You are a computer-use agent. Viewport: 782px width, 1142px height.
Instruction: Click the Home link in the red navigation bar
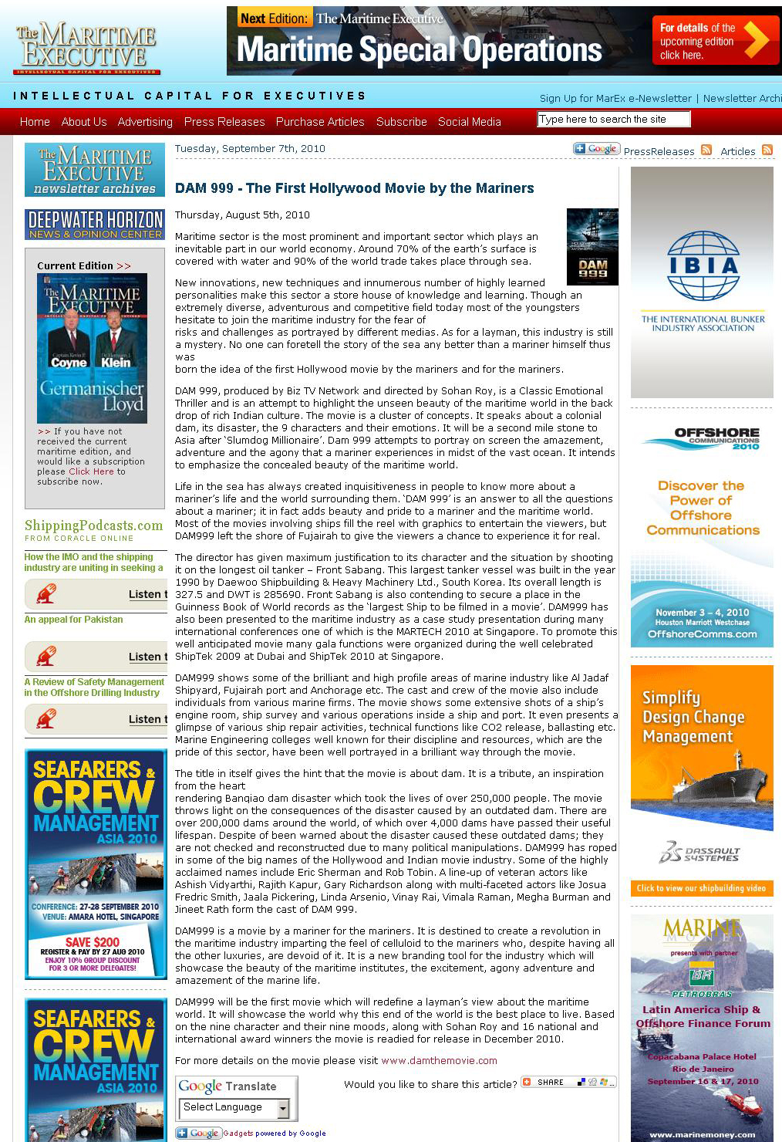coord(35,122)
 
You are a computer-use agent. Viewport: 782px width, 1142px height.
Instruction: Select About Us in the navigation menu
coord(84,122)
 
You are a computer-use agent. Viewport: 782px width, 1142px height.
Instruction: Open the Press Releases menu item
coord(224,122)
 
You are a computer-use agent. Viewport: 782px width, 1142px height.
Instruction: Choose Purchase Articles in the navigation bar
coord(320,122)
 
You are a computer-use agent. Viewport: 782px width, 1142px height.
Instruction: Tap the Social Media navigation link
coord(470,122)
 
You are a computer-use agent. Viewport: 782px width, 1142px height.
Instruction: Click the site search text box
coord(613,119)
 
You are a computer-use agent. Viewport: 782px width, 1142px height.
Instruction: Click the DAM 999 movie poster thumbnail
coord(592,247)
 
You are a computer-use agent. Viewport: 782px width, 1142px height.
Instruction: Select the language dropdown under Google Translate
coord(234,1107)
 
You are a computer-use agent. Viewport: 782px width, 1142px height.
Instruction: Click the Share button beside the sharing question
coord(568,1082)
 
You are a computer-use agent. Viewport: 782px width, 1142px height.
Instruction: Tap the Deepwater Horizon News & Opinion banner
coord(95,225)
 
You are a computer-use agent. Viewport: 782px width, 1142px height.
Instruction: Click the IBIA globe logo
coord(703,266)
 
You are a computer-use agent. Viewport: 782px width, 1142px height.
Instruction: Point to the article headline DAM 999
coord(355,188)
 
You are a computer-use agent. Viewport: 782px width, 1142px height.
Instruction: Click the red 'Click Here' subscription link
coord(91,471)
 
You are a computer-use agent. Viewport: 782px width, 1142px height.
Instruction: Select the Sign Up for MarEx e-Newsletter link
coord(615,98)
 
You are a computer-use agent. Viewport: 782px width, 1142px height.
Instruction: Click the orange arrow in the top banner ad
coord(753,41)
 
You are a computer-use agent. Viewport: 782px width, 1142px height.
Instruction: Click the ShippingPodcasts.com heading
coord(94,525)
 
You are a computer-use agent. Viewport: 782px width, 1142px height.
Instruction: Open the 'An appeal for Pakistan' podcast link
coord(73,620)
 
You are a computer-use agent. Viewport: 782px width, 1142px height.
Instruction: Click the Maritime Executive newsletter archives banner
coord(95,170)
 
